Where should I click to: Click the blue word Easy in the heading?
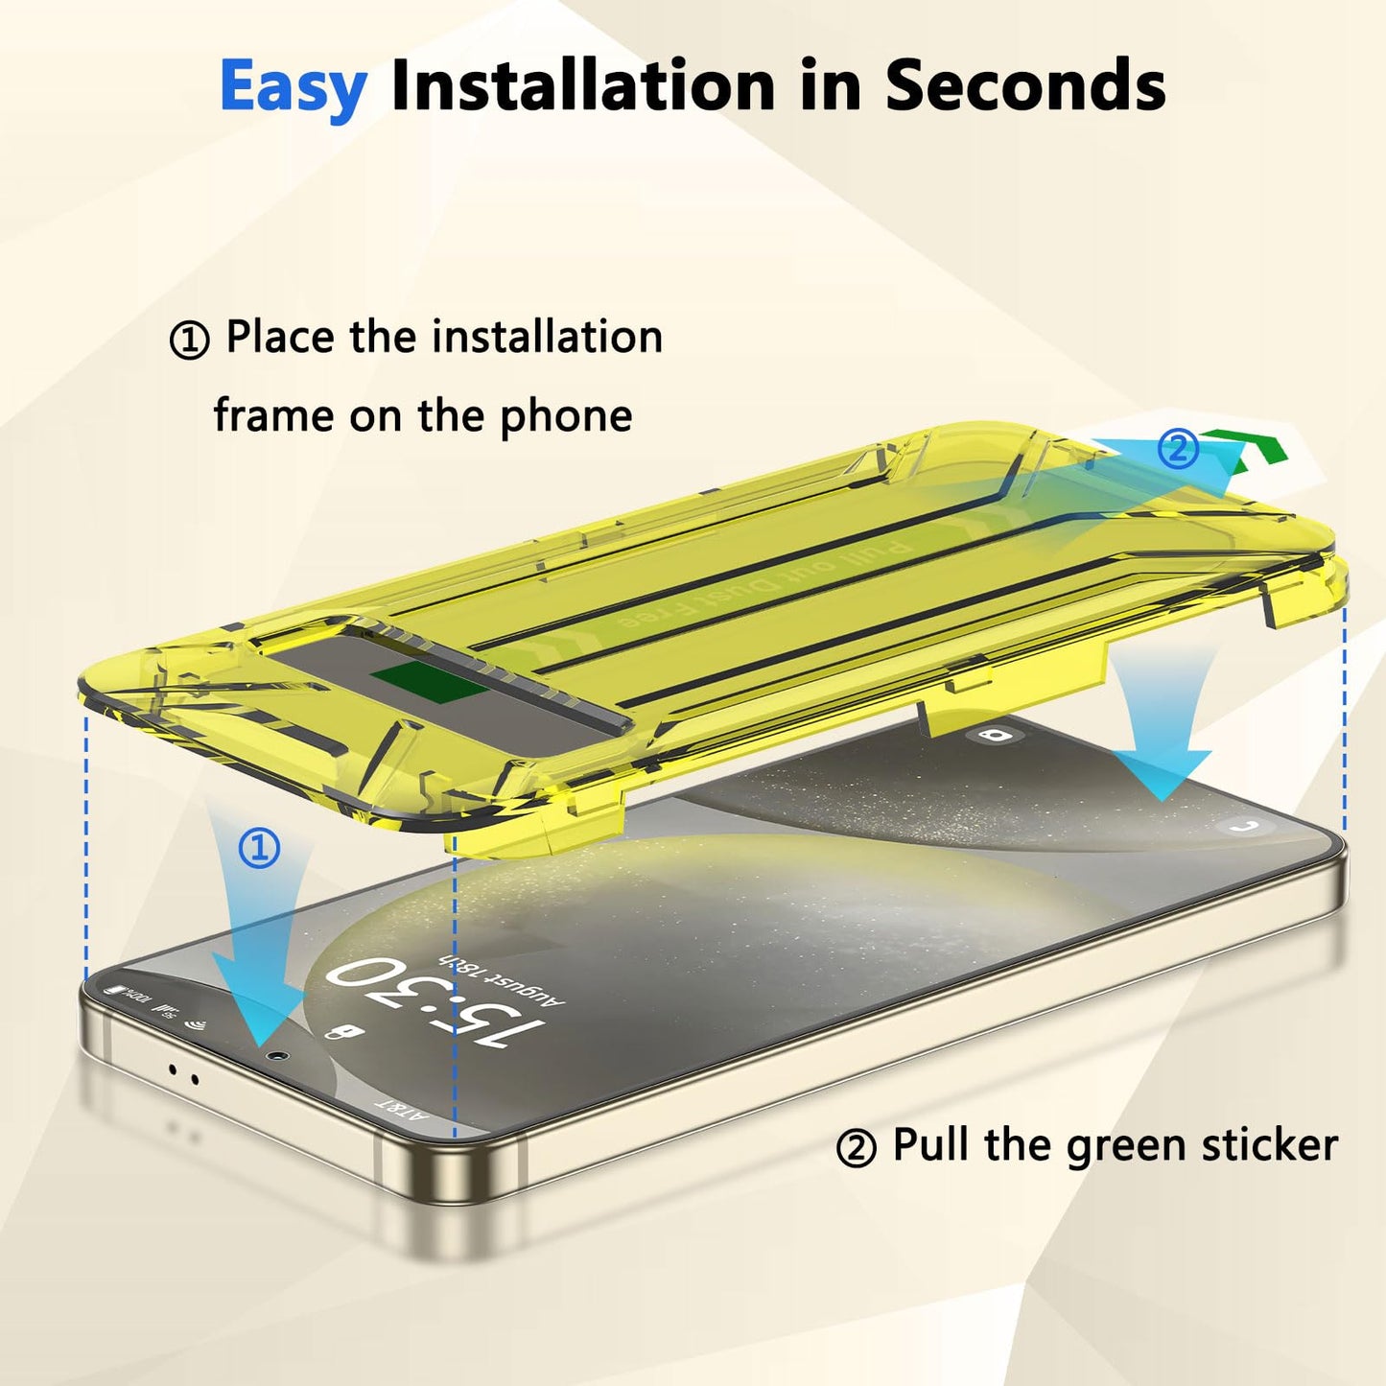pos(293,87)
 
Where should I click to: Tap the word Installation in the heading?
pos(582,85)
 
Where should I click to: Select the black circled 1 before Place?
pos(189,341)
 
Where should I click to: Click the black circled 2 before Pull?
pos(856,1148)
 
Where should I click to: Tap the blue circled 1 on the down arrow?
pos(259,849)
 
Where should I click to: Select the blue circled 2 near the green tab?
pos(1178,449)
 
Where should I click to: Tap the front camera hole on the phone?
pos(278,1054)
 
